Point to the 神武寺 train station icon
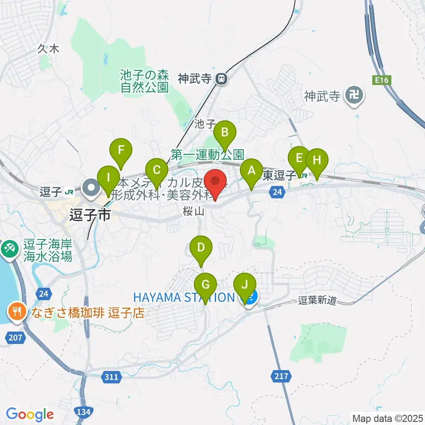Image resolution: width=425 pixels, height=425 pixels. coord(220,79)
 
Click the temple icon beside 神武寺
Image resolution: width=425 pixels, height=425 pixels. coord(354,95)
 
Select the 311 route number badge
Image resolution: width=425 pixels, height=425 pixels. coord(112,377)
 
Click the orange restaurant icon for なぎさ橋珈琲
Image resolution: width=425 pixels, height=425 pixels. coord(17,313)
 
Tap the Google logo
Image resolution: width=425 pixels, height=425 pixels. coord(30,414)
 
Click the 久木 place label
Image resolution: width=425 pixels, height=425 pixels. coord(48,49)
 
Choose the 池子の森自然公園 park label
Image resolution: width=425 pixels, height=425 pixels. coord(145,81)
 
